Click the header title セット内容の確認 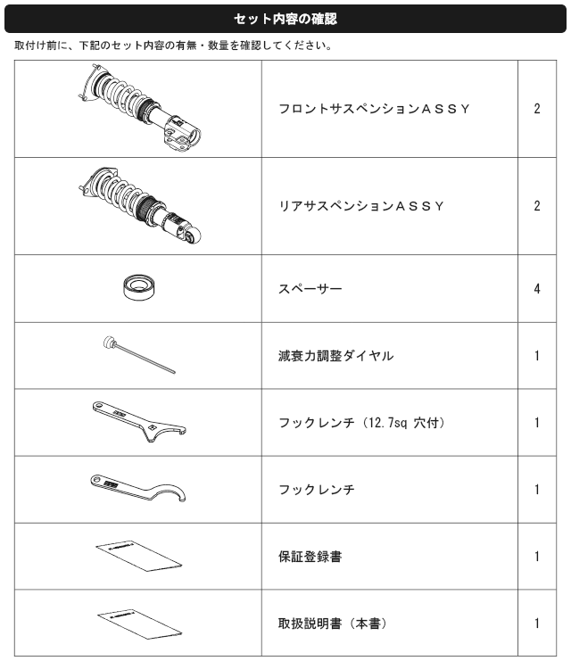[x=285, y=19]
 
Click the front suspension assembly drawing [x=139, y=108]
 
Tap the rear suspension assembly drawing [x=139, y=205]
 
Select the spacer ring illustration [x=139, y=287]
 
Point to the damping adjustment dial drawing [x=139, y=354]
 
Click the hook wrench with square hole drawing [x=139, y=422]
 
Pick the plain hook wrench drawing [x=138, y=488]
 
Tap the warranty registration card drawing [x=139, y=556]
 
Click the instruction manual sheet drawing [x=139, y=624]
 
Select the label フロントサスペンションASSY [x=374, y=109]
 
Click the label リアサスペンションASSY [x=361, y=206]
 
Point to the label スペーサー [x=310, y=289]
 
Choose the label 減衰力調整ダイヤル [x=336, y=356]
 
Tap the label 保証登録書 [x=310, y=557]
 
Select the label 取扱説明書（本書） [x=333, y=624]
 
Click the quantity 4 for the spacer [x=537, y=289]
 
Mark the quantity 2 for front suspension [x=537, y=109]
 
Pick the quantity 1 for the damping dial [x=537, y=356]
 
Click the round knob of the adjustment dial [x=109, y=342]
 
